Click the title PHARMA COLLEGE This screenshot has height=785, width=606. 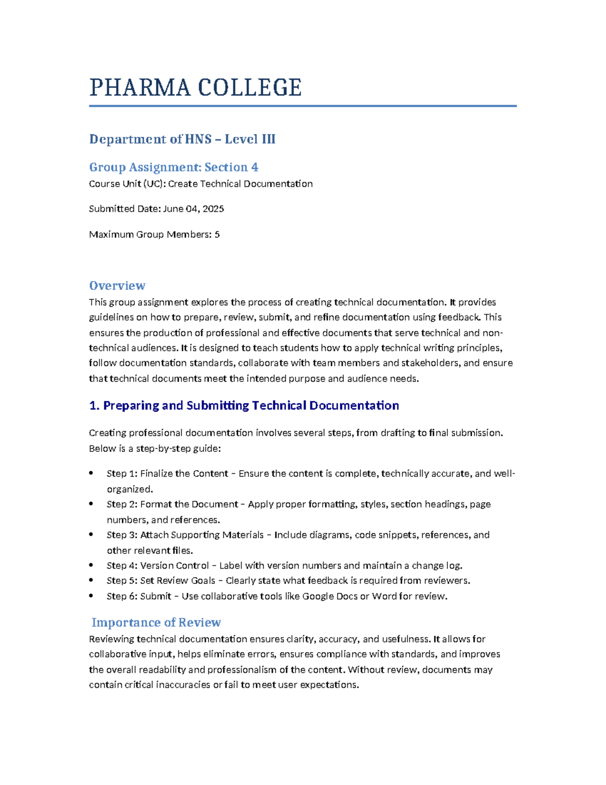195,87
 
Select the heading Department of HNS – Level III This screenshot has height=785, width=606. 182,139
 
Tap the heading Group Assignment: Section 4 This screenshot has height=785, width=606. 174,167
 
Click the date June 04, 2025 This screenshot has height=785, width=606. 193,209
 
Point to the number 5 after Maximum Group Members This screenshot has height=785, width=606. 217,235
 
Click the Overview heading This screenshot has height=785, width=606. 117,286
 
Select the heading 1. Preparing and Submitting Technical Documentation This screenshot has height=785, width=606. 244,405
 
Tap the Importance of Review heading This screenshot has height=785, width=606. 156,622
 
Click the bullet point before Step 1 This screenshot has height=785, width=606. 91,473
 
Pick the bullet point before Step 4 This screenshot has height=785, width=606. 91,565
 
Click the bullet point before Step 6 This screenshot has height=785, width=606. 91,596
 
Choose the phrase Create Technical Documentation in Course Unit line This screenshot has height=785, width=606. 240,184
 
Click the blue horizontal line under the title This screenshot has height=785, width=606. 302,106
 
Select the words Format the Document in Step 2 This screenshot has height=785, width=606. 189,504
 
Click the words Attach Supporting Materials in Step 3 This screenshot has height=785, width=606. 202,535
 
